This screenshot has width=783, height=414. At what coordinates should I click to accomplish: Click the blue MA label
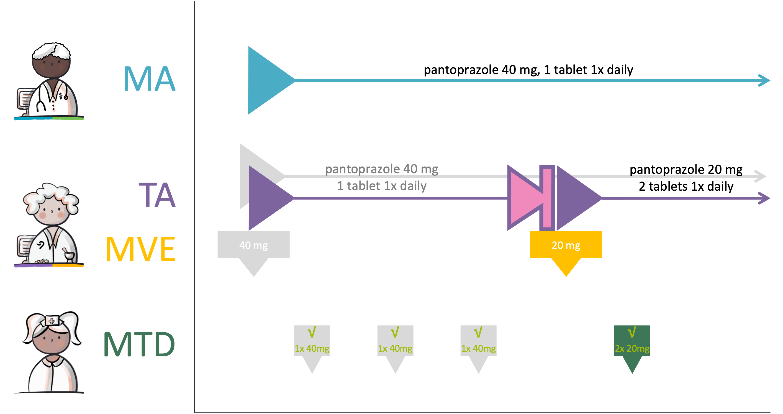149,79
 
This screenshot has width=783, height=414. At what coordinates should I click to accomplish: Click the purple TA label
157,195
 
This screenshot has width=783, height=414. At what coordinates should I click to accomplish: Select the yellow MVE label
140,249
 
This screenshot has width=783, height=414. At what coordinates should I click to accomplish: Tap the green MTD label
139,344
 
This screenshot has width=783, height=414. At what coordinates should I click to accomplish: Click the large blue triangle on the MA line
265,80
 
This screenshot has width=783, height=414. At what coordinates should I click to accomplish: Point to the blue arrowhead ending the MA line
764,80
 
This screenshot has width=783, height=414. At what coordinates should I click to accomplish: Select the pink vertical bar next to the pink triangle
547,198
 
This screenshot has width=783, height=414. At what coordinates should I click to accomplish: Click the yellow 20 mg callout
566,245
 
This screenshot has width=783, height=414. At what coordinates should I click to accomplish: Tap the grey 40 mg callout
253,245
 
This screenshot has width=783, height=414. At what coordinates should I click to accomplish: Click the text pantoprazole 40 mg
381,169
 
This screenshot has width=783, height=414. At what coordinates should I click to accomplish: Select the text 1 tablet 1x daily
381,186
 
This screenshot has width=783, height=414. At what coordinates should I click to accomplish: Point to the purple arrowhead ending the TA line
764,198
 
